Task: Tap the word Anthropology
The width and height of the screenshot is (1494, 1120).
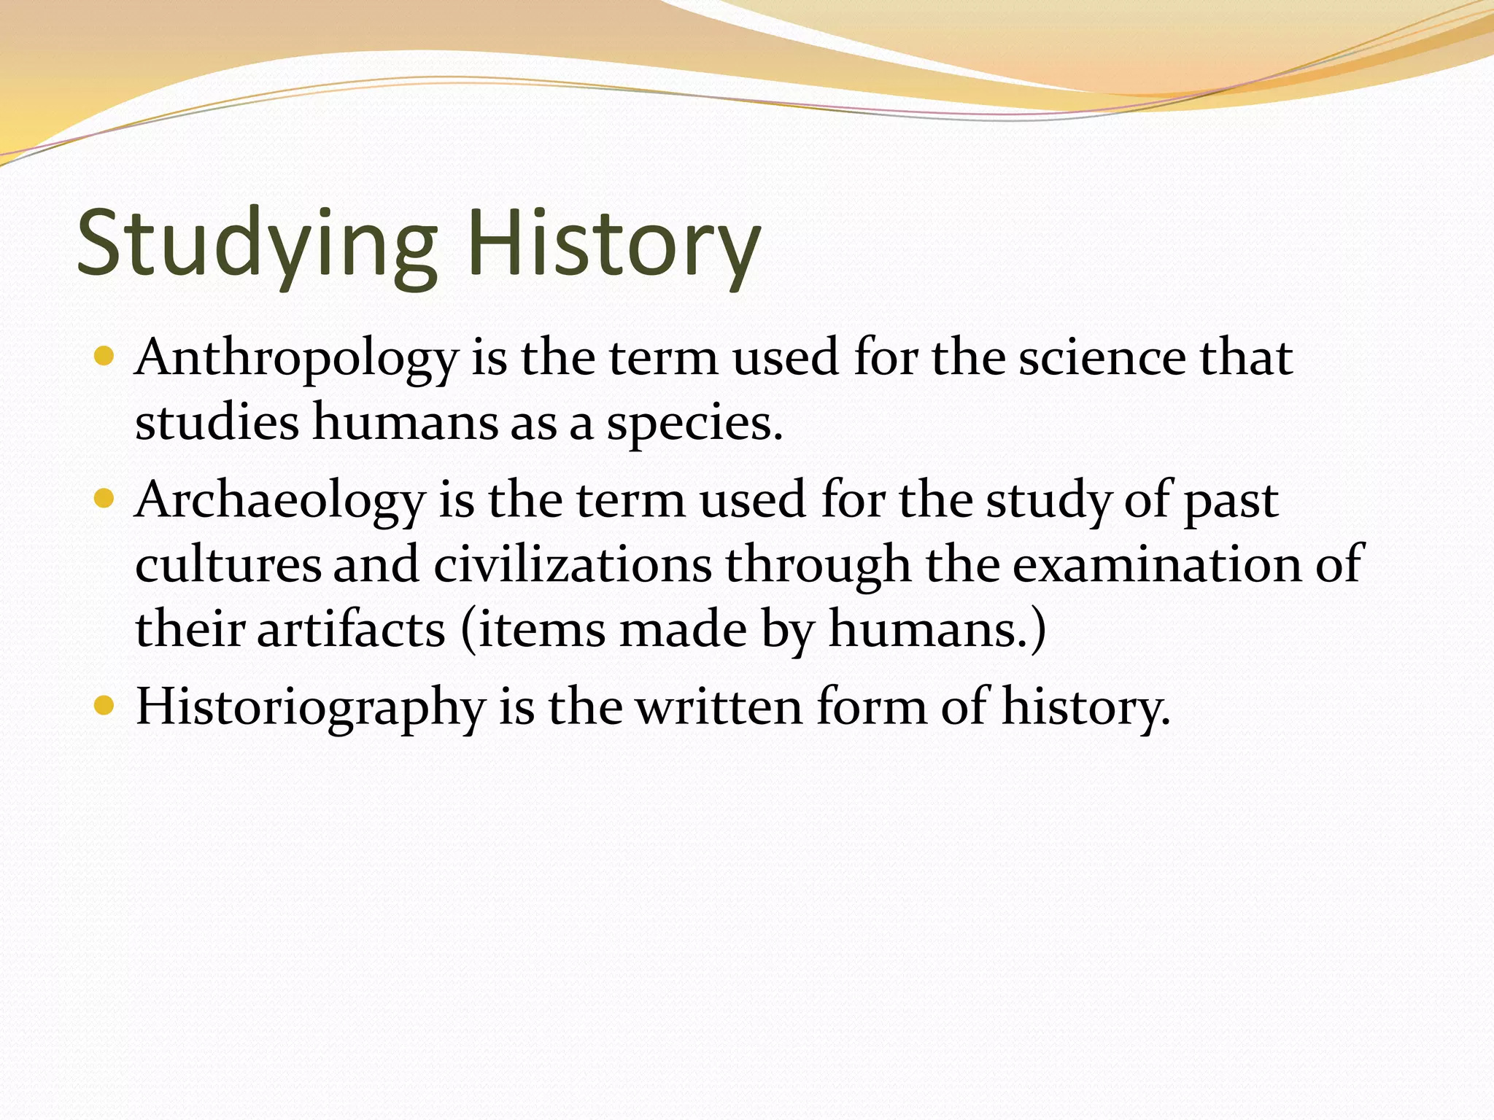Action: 296,359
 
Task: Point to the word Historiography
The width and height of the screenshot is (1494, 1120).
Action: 311,707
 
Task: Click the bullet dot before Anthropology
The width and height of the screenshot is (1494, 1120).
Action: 104,357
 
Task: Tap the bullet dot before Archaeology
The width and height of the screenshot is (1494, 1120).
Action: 104,499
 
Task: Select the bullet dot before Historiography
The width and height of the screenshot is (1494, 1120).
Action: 104,705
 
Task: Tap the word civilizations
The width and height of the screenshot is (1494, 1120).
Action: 573,565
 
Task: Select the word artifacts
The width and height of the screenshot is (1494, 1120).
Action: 351,629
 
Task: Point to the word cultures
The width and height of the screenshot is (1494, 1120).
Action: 228,565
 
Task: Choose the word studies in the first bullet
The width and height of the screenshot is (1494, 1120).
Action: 217,423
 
